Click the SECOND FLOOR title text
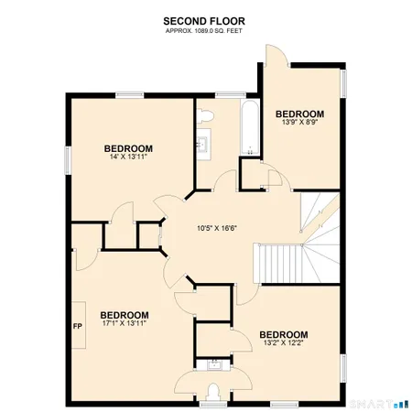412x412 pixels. pos(205,20)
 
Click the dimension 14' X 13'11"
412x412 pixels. pos(127,157)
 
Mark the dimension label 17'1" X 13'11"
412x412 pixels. pos(124,322)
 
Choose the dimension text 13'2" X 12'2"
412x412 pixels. pos(283,343)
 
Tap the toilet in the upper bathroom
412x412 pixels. pos(205,114)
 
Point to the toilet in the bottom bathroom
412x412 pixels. pos(213,393)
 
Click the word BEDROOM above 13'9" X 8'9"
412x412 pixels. pos(299,113)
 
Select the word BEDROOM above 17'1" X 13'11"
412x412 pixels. pos(124,312)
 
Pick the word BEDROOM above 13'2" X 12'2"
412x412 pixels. pos(283,334)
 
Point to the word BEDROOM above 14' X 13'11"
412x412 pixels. pos(127,147)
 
